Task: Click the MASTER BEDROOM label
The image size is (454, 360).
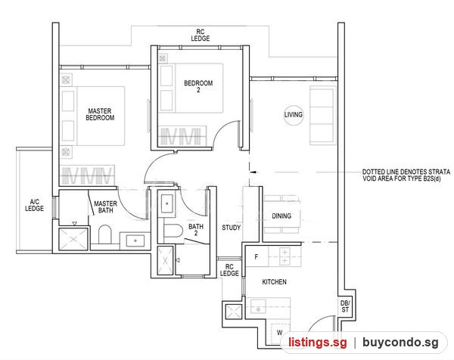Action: point(100,114)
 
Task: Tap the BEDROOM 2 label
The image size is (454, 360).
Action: point(198,86)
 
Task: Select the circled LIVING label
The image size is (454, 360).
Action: point(294,115)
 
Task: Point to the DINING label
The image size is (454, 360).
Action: point(281,216)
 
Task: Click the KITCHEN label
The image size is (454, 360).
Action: point(274,282)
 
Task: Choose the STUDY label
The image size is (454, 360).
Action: point(231,228)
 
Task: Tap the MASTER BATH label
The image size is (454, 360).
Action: point(105,207)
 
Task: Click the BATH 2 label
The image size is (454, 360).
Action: point(196,229)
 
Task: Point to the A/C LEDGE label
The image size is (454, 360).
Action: point(35,205)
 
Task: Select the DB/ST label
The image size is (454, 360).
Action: point(345,306)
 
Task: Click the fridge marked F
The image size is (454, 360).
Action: point(257,256)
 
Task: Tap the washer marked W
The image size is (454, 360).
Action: point(280,334)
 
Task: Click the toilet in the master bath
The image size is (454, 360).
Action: point(105,234)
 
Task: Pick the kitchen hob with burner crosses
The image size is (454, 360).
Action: point(285,256)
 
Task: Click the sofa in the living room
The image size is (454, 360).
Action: point(322,115)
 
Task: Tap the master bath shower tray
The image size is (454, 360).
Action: point(73,239)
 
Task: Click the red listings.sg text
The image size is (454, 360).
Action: point(317,343)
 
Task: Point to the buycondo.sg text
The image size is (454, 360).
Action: point(400,343)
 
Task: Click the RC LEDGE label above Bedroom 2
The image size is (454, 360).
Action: point(200,35)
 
